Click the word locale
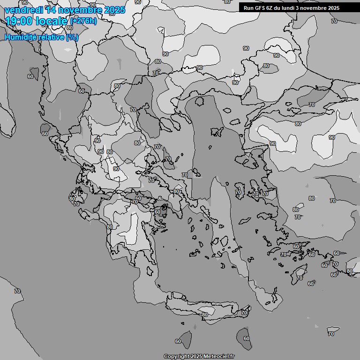[52, 21]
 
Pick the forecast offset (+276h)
[83, 21]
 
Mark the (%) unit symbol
[72, 37]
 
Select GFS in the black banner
[261, 8]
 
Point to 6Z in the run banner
[271, 8]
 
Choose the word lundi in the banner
[292, 8]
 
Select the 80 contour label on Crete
[204, 315]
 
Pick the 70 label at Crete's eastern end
[244, 313]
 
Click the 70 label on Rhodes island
[300, 278]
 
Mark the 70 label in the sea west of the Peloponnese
[17, 291]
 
